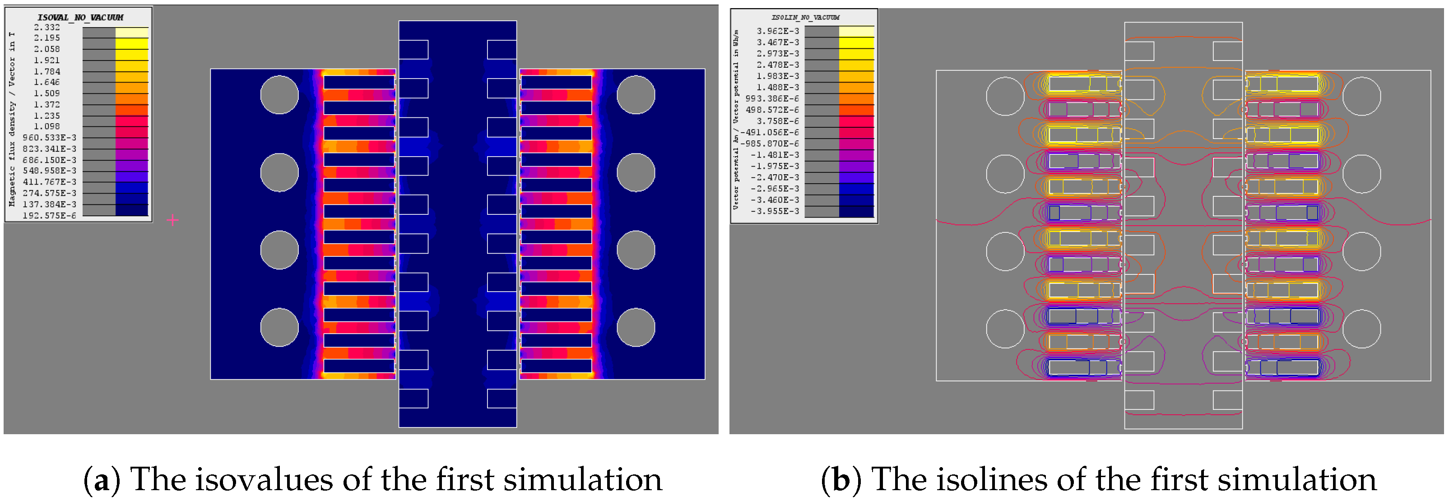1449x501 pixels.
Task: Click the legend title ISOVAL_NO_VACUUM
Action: [80, 18]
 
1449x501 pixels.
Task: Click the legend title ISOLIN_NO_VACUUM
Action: [805, 18]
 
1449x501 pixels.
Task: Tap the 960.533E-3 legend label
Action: [50, 138]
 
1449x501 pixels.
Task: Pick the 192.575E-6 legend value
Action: [50, 215]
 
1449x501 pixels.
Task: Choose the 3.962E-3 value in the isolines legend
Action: [777, 31]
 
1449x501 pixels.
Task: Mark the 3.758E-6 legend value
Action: [777, 121]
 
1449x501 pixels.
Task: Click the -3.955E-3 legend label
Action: [775, 211]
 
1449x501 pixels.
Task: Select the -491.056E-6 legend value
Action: [770, 132]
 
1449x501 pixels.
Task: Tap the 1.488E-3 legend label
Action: [777, 87]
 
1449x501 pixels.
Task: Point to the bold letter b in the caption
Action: [841, 480]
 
